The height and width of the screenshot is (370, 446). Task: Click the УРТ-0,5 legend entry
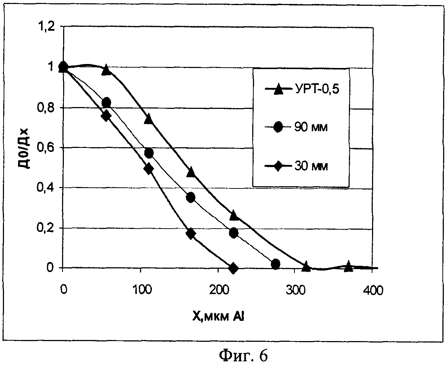click(302, 89)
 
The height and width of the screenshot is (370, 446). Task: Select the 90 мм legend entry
click(301, 127)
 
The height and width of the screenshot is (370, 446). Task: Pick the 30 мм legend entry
click(301, 166)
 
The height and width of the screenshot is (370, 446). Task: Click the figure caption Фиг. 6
click(244, 356)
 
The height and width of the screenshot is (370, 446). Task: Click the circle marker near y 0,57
click(149, 153)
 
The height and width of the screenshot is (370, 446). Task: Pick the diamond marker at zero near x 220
click(233, 268)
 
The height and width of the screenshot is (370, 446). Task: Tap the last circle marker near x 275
click(275, 264)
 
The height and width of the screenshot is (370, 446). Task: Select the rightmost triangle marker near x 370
click(348, 266)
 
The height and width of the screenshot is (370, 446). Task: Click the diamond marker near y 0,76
click(106, 116)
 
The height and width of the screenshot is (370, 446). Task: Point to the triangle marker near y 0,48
click(191, 172)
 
